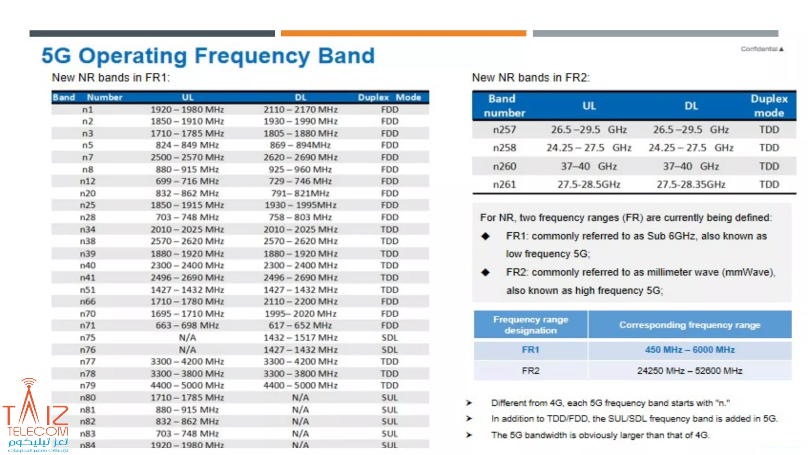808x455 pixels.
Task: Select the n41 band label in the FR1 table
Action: click(x=88, y=278)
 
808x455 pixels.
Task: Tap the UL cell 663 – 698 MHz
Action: click(x=187, y=325)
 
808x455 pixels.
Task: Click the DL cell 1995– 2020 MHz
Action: click(x=300, y=314)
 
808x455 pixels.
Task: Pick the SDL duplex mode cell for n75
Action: click(x=389, y=338)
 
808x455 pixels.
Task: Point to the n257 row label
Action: click(x=504, y=130)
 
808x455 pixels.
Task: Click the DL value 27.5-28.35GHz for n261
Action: click(x=690, y=184)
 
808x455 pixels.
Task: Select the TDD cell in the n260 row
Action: click(x=769, y=166)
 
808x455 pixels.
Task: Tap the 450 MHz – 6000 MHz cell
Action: click(x=689, y=350)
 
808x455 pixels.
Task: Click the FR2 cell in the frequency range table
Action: click(x=530, y=371)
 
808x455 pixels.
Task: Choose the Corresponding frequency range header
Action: click(x=689, y=325)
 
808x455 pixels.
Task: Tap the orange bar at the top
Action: click(x=403, y=34)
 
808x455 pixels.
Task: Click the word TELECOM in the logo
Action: click(x=37, y=431)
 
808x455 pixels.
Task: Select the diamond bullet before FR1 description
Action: click(x=485, y=236)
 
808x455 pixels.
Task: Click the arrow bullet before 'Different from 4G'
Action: click(x=469, y=403)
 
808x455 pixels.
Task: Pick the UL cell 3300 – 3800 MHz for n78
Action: click(x=187, y=374)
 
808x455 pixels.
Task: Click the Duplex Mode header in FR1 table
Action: click(x=389, y=97)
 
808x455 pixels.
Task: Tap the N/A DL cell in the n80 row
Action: click(x=300, y=398)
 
